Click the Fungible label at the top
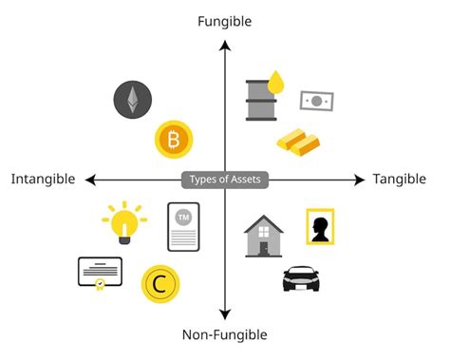224,20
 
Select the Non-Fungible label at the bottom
225,334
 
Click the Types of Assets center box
224,180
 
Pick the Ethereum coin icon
133,99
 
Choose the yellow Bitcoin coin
173,141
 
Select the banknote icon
316,100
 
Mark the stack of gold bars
298,141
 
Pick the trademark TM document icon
183,226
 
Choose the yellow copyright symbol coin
160,284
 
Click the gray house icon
264,237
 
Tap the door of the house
265,247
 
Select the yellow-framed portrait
320,227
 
